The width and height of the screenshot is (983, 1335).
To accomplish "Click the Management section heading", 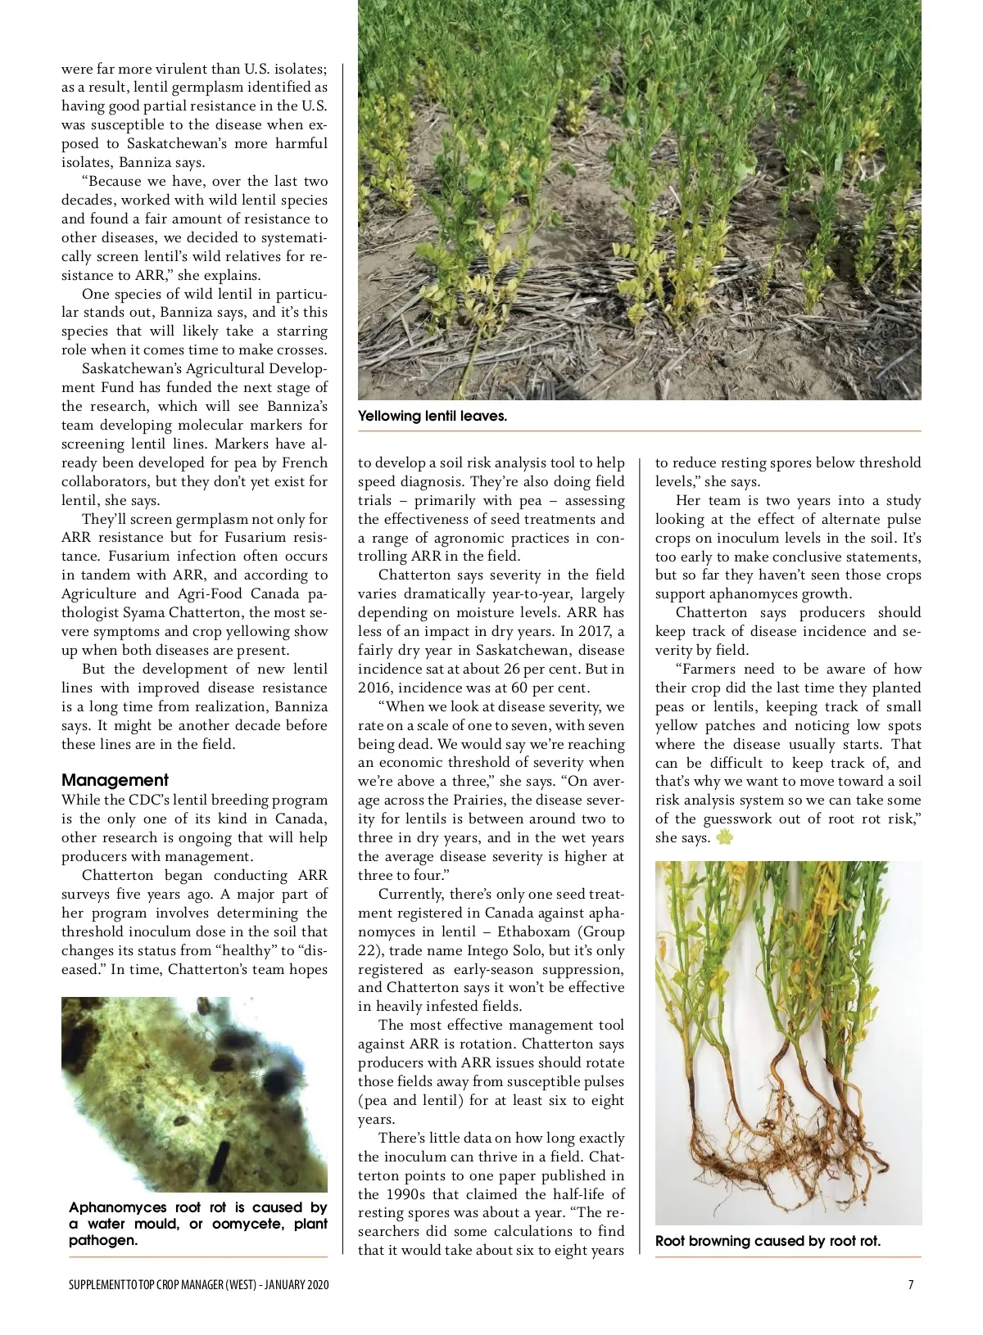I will (115, 780).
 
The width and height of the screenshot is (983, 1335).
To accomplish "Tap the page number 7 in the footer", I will (911, 1284).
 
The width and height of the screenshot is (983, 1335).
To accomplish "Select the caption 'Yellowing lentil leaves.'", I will (433, 416).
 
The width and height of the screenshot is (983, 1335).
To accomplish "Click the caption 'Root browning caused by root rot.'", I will (768, 1241).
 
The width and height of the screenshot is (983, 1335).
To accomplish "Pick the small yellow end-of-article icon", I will (724, 837).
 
